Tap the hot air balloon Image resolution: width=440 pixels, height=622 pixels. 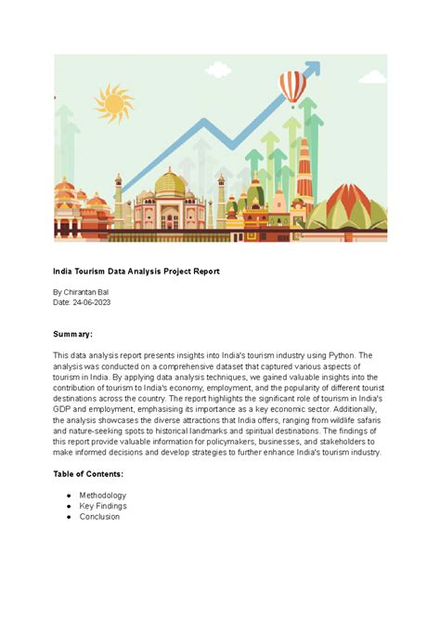[x=293, y=88]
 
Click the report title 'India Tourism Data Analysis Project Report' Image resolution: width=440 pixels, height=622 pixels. [x=136, y=271]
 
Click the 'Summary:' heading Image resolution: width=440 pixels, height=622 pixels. [x=73, y=334]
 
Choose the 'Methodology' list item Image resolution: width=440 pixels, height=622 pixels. [x=102, y=496]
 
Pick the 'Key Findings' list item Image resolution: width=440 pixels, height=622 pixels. [x=102, y=506]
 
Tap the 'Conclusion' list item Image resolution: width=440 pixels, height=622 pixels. [x=99, y=517]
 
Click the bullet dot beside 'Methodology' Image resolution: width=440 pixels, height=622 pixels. [x=69, y=496]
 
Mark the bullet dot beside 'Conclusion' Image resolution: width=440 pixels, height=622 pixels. [x=69, y=517]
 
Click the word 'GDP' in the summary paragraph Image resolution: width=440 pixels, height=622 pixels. [x=62, y=409]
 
